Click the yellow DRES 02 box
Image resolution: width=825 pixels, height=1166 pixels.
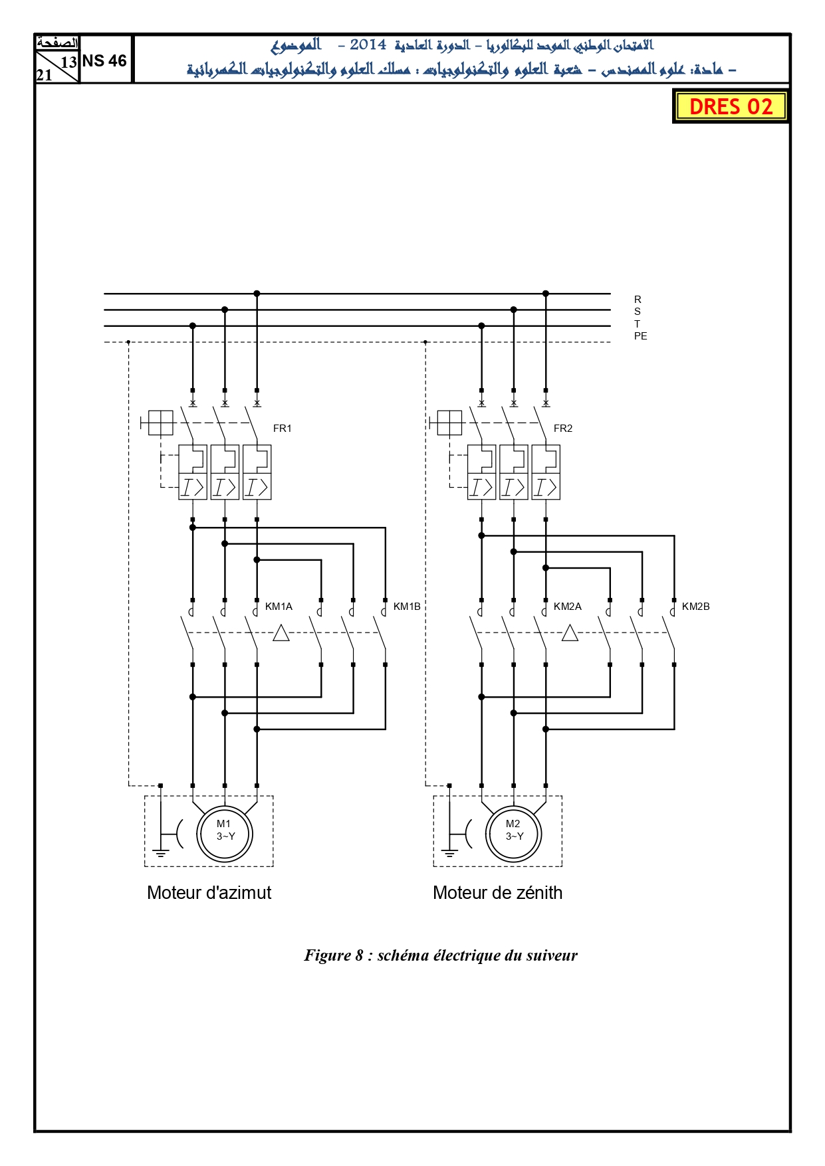[731, 106]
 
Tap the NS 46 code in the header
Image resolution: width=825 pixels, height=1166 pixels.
[104, 60]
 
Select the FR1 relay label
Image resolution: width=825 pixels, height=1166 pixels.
[283, 429]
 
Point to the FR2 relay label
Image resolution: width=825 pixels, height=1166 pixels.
[563, 429]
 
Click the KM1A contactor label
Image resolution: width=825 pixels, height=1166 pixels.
[279, 607]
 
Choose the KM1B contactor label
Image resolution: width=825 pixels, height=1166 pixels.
[407, 607]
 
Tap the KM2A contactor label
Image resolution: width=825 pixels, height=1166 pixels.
[568, 607]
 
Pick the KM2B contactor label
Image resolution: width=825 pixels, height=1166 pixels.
[696, 607]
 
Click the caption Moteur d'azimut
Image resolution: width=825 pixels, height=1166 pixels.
[209, 893]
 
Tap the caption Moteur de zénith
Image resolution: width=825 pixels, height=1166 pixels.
[498, 893]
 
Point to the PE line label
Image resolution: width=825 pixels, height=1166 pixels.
[640, 336]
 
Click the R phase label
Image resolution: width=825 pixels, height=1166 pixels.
[638, 300]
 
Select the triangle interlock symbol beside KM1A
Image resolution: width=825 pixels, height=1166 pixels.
[281, 633]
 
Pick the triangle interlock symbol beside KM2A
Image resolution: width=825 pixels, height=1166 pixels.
[570, 633]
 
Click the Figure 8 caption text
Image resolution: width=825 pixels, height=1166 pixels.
[441, 955]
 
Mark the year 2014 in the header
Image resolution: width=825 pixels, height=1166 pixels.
[368, 45]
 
